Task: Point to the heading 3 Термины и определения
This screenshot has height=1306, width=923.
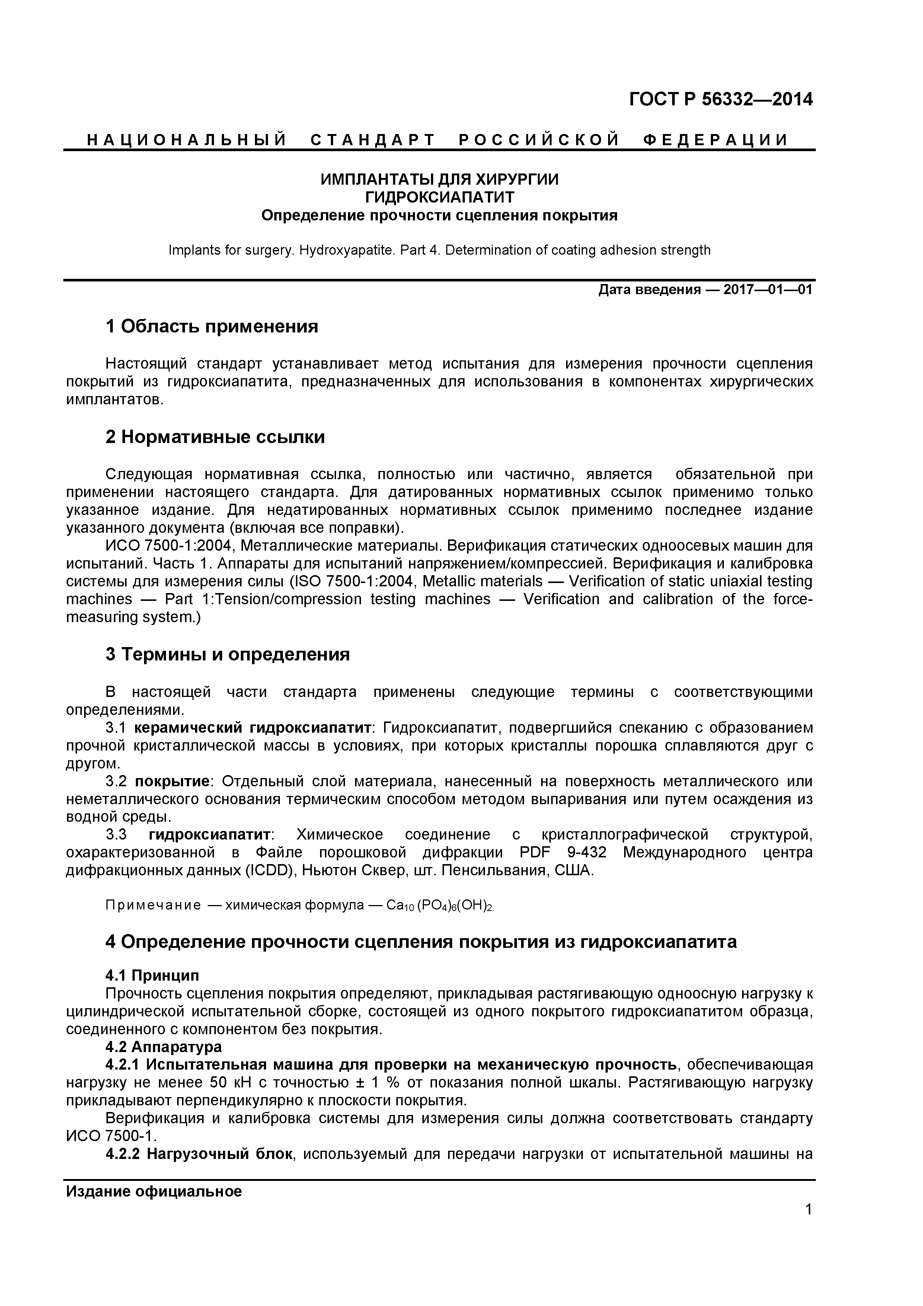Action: click(227, 655)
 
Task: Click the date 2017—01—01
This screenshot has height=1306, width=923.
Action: click(768, 290)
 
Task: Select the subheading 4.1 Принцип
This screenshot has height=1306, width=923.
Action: click(153, 975)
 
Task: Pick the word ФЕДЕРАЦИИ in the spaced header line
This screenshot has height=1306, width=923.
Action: click(716, 140)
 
